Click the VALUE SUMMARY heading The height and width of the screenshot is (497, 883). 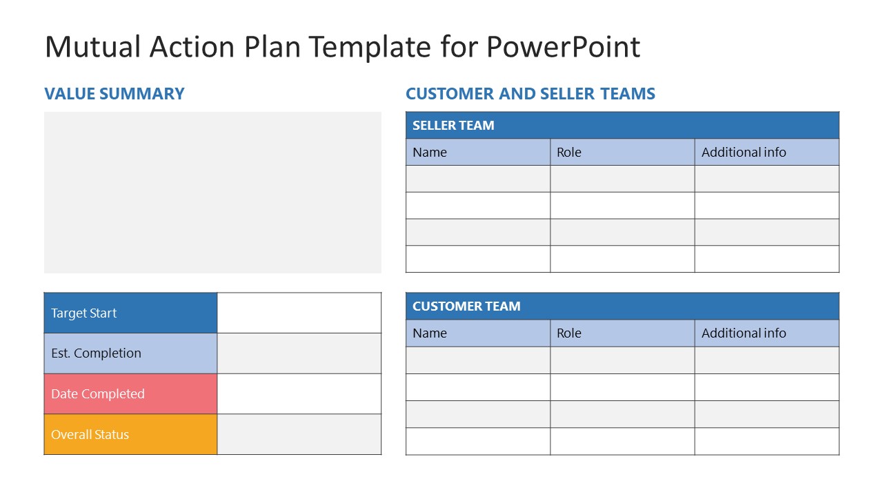pyautogui.click(x=114, y=94)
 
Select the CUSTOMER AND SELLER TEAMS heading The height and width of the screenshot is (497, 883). pyautogui.click(x=530, y=94)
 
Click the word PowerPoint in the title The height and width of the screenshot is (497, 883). pyautogui.click(x=563, y=47)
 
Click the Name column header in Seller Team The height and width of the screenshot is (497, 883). pyautogui.click(x=430, y=153)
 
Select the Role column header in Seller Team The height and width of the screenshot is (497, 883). pyautogui.click(x=569, y=153)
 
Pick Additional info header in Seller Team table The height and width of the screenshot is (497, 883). pyautogui.click(x=744, y=153)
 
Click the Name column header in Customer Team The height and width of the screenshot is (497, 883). pyautogui.click(x=430, y=333)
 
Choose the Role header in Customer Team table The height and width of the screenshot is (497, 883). pyautogui.click(x=569, y=333)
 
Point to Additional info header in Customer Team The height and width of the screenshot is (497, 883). pyautogui.click(x=744, y=333)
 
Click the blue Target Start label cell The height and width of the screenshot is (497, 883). pyautogui.click(x=130, y=313)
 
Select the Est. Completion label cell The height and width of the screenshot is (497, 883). pyautogui.click(x=130, y=353)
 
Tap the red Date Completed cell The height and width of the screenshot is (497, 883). pyautogui.click(x=130, y=394)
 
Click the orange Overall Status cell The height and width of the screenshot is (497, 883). pyautogui.click(x=130, y=435)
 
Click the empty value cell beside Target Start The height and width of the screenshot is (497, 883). pyautogui.click(x=299, y=313)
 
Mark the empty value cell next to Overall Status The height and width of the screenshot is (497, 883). pyautogui.click(x=299, y=435)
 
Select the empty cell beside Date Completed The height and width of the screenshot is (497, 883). pyautogui.click(x=299, y=394)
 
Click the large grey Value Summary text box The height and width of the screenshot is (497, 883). pyautogui.click(x=212, y=193)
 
